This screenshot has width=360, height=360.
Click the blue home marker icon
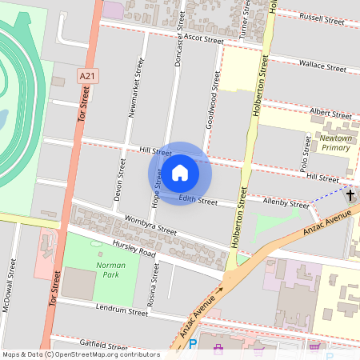pos(180,173)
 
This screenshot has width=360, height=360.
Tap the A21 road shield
pos(88,76)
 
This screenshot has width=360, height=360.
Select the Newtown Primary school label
pos(335,142)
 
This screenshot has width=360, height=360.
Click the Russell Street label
pos(322,17)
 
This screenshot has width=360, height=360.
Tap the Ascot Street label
pos(202,38)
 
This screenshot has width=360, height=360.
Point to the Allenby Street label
pos(286,206)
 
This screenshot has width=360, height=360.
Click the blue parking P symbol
pos(193,346)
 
